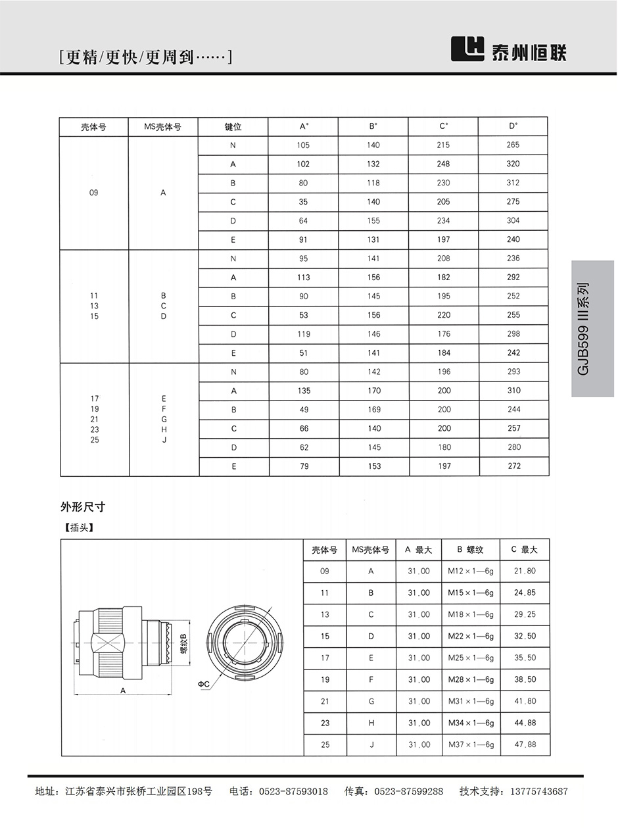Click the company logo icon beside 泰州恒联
click(467, 49)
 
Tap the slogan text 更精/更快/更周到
click(145, 58)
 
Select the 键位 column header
click(233, 127)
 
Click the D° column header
click(513, 126)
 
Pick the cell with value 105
click(303, 145)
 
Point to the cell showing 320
click(513, 164)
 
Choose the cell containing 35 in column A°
click(303, 202)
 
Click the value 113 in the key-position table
click(303, 278)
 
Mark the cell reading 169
click(373, 410)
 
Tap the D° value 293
click(513, 372)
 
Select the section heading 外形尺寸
click(83, 507)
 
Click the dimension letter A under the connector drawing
click(123, 690)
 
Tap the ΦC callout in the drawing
click(203, 685)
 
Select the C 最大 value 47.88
click(525, 745)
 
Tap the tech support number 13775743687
click(532, 792)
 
